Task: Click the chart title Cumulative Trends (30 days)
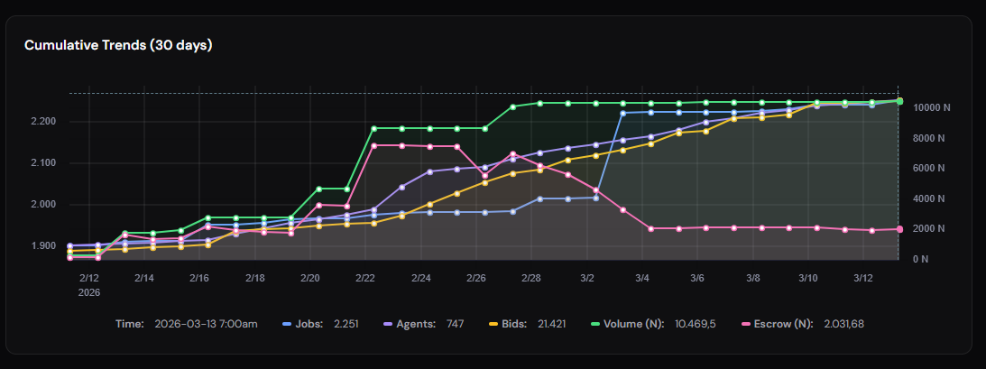click(x=118, y=45)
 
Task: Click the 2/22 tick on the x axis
click(x=365, y=279)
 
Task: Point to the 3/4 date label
click(x=643, y=279)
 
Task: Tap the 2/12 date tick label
click(x=89, y=279)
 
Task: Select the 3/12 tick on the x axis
click(x=863, y=279)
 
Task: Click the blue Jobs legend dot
click(x=287, y=323)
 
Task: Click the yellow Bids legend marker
click(x=493, y=323)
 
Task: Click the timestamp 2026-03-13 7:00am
click(x=206, y=323)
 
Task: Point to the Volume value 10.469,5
click(x=696, y=323)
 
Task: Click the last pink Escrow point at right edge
click(x=899, y=229)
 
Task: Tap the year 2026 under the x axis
click(x=89, y=292)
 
